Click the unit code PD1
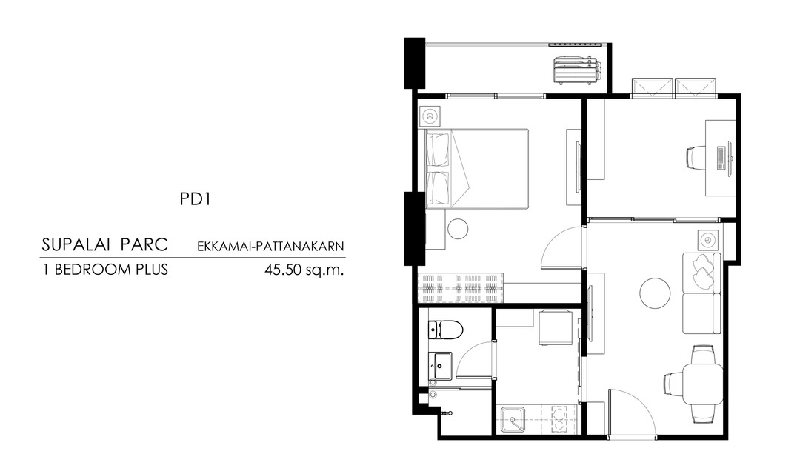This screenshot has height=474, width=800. coord(195,199)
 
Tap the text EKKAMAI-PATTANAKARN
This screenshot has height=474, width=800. coord(271,247)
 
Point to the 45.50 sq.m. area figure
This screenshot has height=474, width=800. coord(304,270)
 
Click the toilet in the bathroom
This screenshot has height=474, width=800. coord(445,330)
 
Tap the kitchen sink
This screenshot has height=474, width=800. coord(513,419)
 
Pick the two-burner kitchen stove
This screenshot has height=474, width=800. coord(560,418)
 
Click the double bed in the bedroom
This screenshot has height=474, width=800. coord(476,169)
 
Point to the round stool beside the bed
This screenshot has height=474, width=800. coord(458,229)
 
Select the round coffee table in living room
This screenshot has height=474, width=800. coord(655,293)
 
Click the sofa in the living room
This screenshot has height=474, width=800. coord(702,293)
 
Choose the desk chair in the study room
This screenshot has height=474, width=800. coord(695,156)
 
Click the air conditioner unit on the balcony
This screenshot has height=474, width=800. coord(576,70)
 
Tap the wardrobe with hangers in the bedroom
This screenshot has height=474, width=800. coord(461,289)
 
